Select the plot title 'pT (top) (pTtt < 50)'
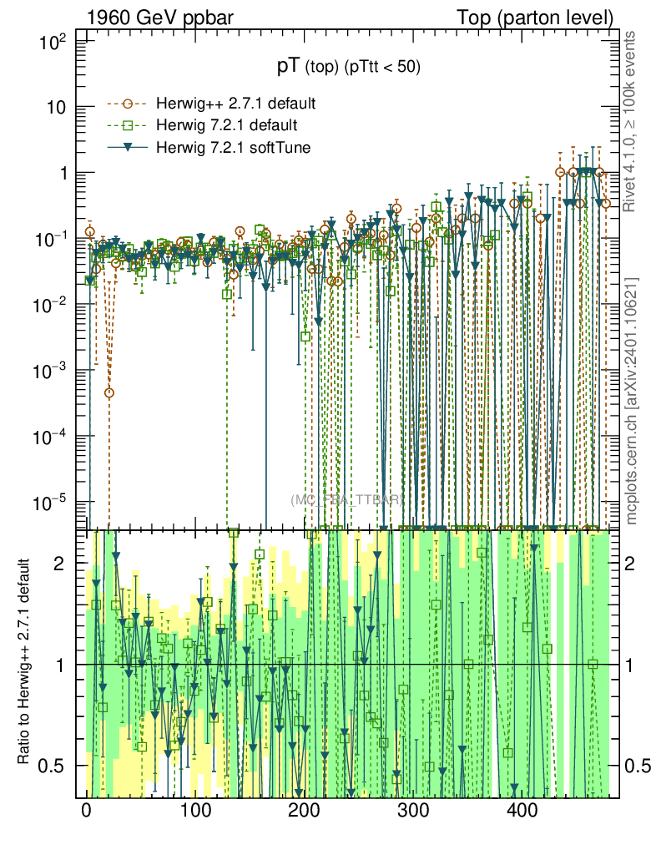click(x=349, y=68)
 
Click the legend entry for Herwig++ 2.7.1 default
click(x=235, y=104)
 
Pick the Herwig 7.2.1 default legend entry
click(x=227, y=125)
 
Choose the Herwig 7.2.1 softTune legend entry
click(x=233, y=147)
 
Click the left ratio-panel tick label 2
click(x=70, y=564)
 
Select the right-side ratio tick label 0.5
click(x=638, y=765)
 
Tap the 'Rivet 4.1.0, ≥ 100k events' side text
click(x=632, y=120)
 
